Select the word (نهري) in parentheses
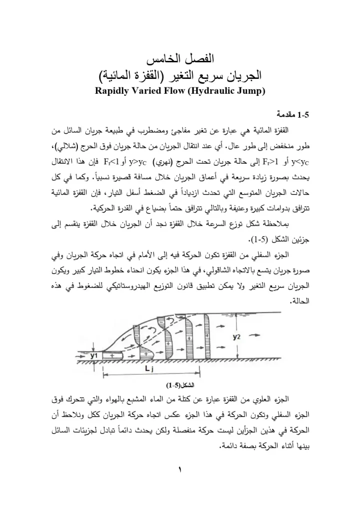click(x=161, y=162)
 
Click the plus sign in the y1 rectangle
click(x=111, y=355)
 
